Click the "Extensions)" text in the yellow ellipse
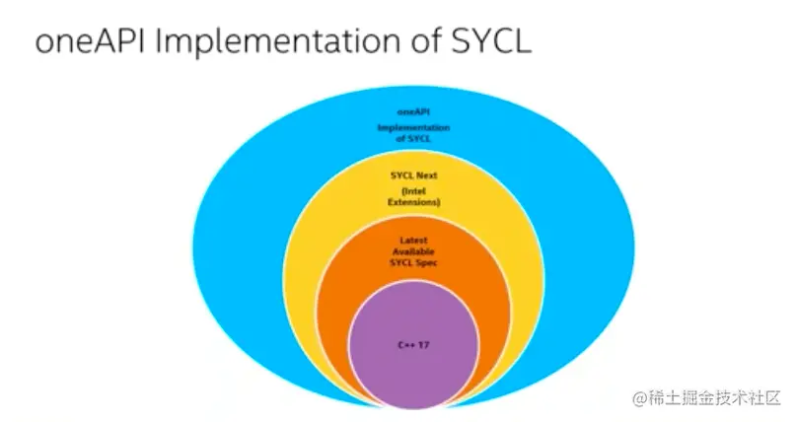coord(414,202)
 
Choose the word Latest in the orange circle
coord(414,240)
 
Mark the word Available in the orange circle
coord(414,251)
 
